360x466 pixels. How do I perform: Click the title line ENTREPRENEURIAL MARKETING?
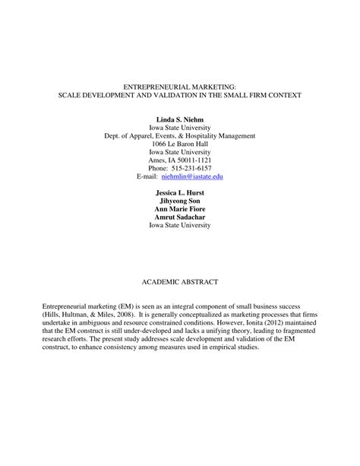(179, 87)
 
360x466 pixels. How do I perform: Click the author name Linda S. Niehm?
(180, 120)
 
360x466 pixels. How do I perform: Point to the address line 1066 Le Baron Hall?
(180, 144)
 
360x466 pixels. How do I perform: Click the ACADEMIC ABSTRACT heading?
(180, 282)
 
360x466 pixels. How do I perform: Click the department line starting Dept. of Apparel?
(180, 136)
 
